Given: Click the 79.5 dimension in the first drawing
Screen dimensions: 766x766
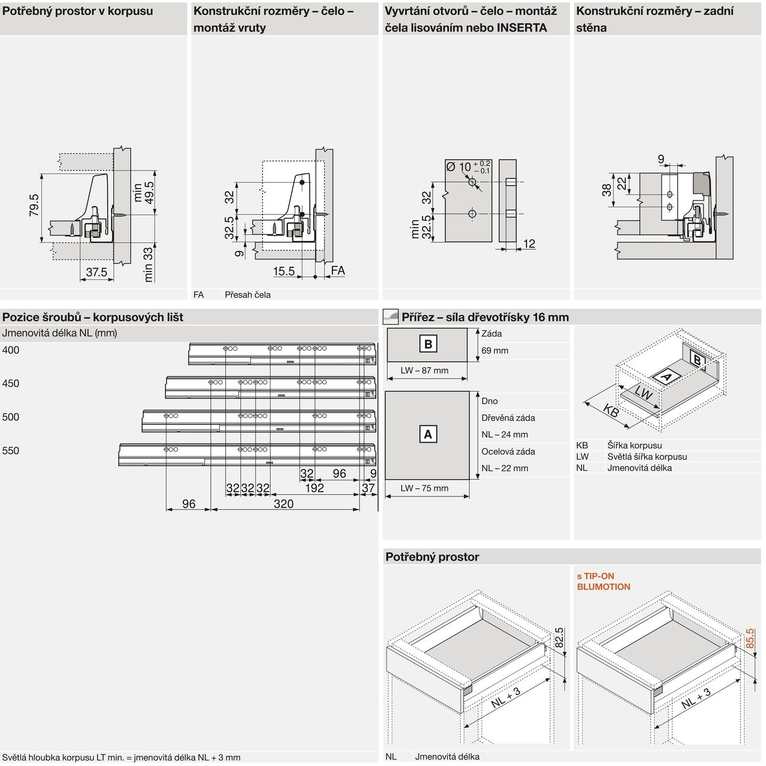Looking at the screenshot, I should pos(34,205).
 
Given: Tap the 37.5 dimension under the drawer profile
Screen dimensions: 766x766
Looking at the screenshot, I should pos(97,272).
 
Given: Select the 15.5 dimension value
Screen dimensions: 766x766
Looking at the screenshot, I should pos(284,271).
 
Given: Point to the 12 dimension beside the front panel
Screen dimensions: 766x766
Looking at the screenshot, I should pos(529,244).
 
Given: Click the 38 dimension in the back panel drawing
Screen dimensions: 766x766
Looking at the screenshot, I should pos(606,190).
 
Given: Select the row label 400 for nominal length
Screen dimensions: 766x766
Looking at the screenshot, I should pos(11,350).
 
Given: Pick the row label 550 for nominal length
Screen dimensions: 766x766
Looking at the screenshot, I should pos(11,450).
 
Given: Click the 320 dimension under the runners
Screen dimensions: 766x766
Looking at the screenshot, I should pos(283,504).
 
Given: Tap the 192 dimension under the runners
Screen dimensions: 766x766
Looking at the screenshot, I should pos(314,488).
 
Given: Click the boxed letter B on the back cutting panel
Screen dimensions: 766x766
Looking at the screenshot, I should pos(428,344).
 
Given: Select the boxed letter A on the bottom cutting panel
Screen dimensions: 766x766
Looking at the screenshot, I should pos(428,434).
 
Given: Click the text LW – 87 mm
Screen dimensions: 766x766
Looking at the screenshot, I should pos(424,370).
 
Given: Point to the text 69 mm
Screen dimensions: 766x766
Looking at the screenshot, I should pos(494,350).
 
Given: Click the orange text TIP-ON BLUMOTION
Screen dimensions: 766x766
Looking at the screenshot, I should pos(603,581).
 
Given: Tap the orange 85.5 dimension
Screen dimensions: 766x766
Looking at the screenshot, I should pos(750,638).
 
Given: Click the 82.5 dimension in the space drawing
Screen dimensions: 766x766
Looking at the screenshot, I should pos(559,637).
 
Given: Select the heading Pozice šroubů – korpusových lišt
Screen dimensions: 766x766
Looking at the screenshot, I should pos(92,317).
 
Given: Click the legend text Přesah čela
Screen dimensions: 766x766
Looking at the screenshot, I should pos(248,295).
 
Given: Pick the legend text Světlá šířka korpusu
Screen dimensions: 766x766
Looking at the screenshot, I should pos(647,457).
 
